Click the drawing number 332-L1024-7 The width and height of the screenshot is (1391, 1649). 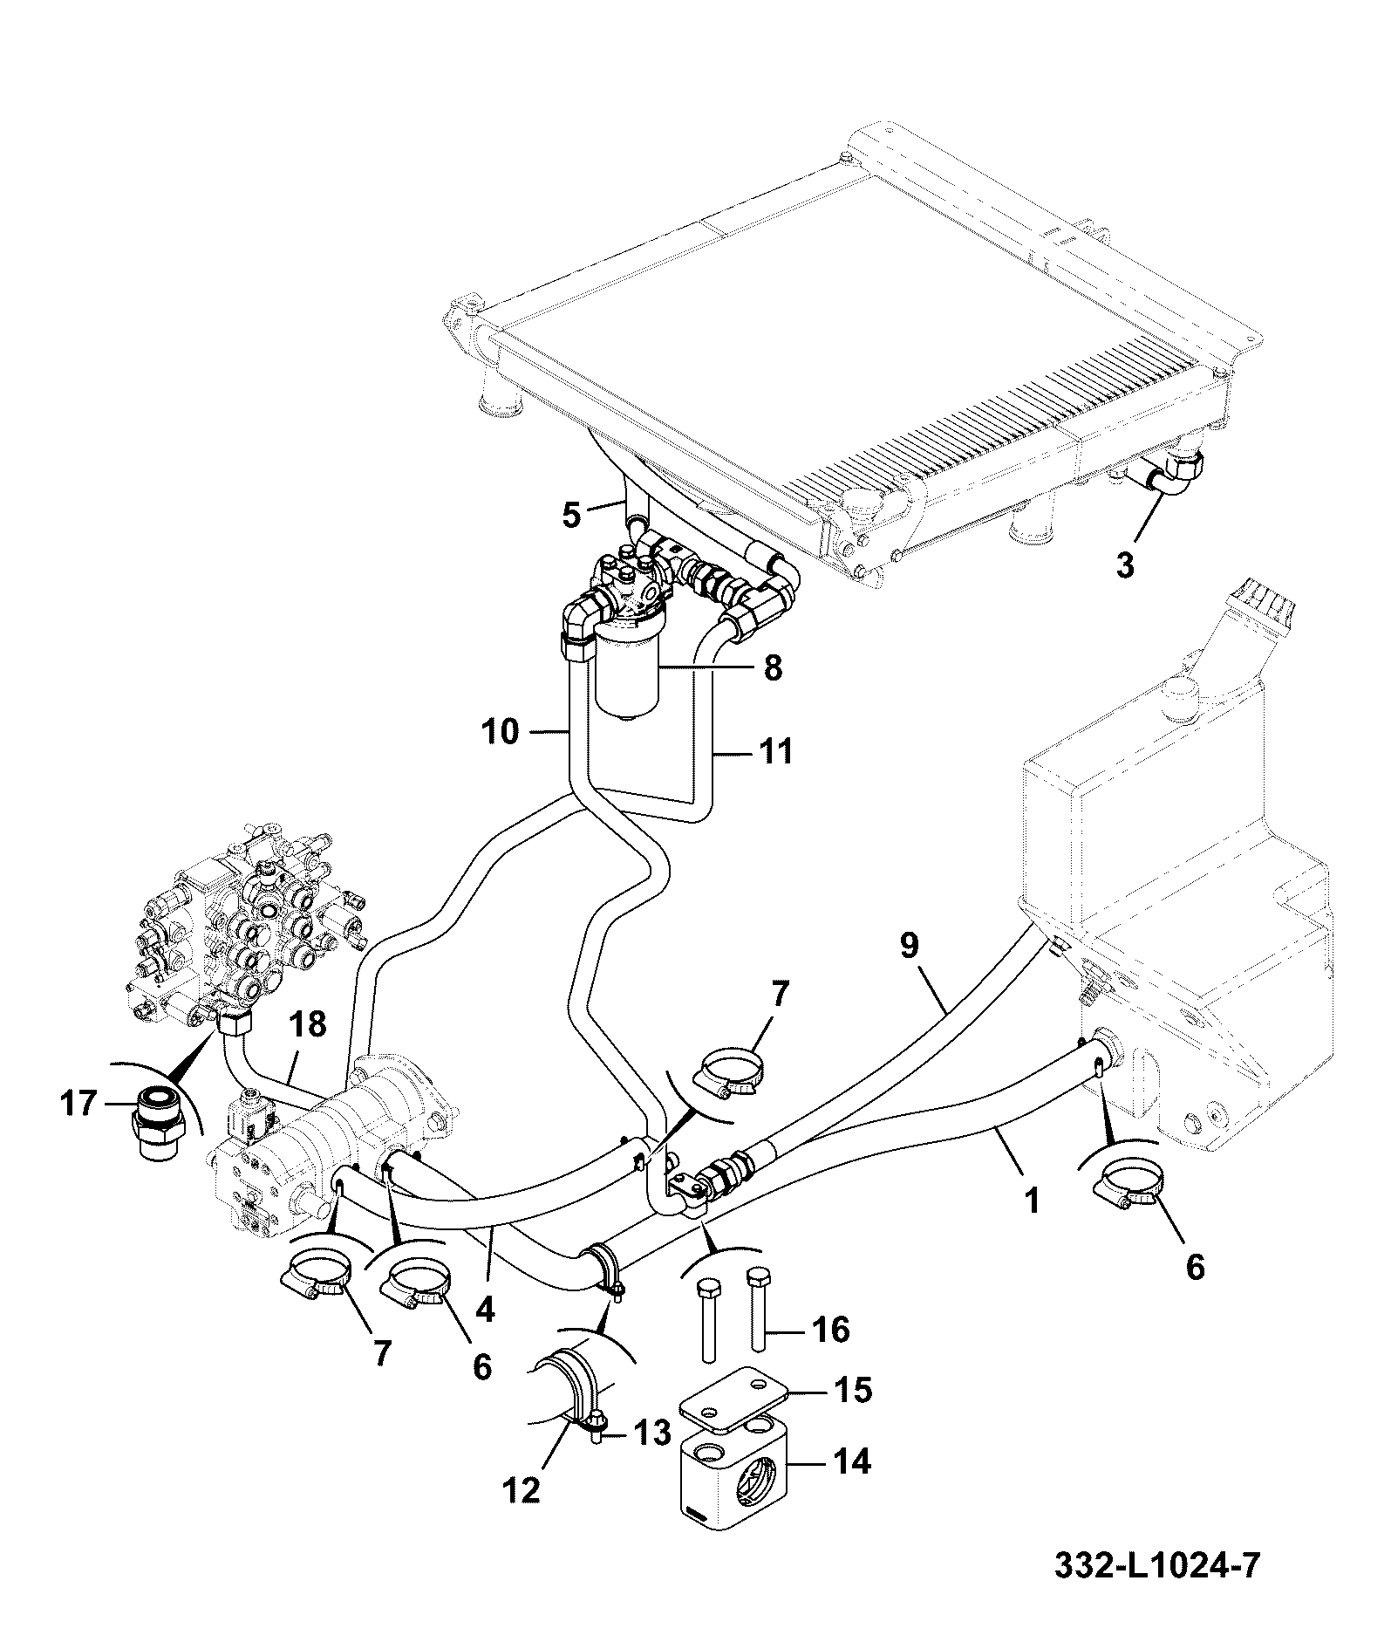coord(1156,1565)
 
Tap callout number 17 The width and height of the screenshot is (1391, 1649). coord(78,1105)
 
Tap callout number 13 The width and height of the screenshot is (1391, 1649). coord(651,1432)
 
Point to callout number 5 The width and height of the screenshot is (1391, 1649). coord(570,515)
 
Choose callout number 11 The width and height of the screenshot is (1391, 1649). coord(774,749)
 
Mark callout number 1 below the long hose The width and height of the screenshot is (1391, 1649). coord(1033,1201)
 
